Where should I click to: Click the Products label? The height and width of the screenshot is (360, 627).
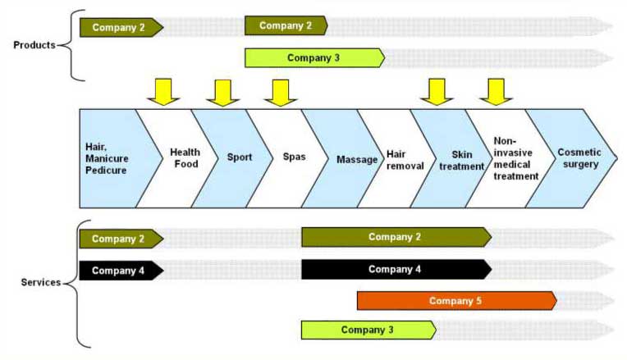34,44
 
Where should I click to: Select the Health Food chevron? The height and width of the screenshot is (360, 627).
185,157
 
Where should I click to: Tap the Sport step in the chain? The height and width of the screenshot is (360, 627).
239,157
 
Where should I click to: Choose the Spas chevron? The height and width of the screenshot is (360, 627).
294,157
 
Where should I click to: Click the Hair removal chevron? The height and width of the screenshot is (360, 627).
405,158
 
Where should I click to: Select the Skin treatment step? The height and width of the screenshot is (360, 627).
460,158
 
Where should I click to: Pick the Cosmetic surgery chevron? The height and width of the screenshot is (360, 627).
578,157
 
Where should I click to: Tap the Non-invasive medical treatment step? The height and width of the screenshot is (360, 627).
515,158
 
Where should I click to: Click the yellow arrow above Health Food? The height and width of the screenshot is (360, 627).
163,91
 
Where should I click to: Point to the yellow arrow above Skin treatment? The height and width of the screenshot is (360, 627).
437,91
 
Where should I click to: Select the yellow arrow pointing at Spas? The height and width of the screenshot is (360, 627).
280,91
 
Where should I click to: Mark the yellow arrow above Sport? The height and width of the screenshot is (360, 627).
222,91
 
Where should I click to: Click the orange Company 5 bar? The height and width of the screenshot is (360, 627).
456,301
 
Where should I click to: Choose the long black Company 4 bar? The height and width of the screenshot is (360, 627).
396,269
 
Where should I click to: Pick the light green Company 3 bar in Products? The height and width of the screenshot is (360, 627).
314,58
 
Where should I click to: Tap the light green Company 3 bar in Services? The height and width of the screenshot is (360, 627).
368,330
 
